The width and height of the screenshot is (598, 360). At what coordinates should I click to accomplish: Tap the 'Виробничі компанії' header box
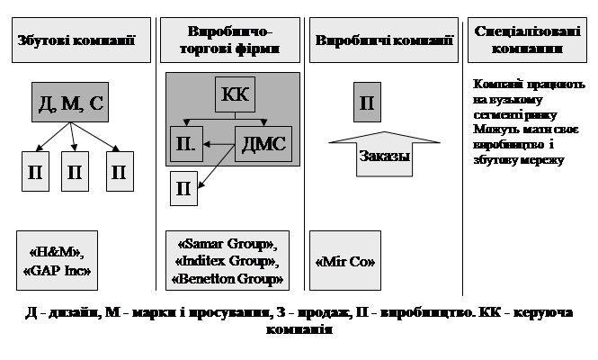pos(384,40)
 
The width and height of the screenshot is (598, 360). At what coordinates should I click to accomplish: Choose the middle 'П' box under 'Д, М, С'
pos(76,172)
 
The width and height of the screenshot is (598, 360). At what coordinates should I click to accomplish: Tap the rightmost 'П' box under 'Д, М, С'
pos(118,172)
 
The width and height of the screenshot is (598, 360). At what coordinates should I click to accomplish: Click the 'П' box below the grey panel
pos(183,188)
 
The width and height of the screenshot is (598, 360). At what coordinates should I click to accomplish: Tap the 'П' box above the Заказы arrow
pos(366,102)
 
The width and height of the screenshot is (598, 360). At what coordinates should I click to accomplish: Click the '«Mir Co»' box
pos(345,261)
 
